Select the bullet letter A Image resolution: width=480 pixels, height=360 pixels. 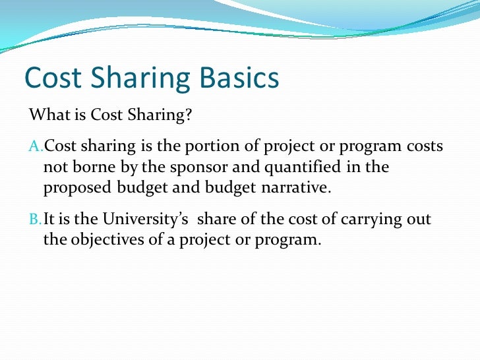36,146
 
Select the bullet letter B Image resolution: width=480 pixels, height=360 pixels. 36,218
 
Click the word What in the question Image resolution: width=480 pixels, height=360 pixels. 46,116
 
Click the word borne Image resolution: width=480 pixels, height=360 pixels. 90,167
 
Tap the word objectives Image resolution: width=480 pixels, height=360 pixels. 104,239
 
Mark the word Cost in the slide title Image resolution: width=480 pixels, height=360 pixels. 52,78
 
